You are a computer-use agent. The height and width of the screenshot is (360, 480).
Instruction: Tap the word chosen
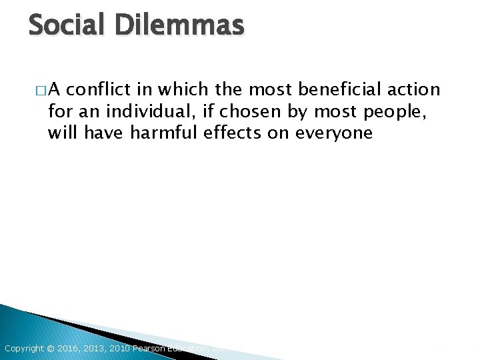pos(261,111)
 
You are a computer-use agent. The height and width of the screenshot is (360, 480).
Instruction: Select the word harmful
pos(164,133)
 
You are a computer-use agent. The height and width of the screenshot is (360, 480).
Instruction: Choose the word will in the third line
pos(61,133)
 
